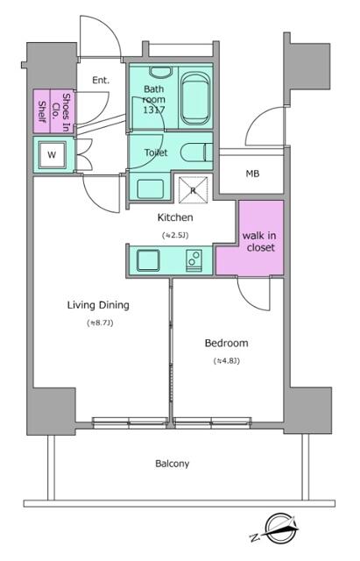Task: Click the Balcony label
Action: [173, 464]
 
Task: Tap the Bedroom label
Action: [227, 343]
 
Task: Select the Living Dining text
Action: [98, 305]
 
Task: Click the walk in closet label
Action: [260, 242]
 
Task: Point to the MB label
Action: [253, 173]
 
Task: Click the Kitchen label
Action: [175, 217]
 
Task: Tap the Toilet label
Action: [157, 152]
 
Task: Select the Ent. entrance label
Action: [100, 81]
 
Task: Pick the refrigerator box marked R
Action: [192, 188]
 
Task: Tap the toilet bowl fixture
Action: [195, 153]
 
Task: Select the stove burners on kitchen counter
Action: [194, 259]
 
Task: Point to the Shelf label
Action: [40, 110]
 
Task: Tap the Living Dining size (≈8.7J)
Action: [98, 323]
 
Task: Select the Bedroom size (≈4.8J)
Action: [227, 361]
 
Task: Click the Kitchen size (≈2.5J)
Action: [175, 235]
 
